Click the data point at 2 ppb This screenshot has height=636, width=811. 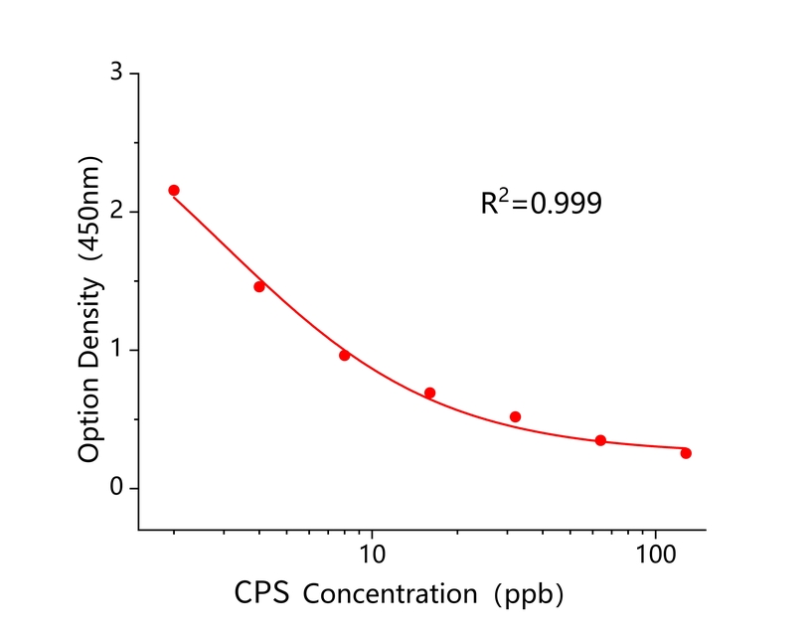[x=174, y=190]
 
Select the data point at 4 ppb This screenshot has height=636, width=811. [x=259, y=286]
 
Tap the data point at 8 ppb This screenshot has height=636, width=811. [x=345, y=355]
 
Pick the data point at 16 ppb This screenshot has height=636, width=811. [x=430, y=393]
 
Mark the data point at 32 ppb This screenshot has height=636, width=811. [x=515, y=416]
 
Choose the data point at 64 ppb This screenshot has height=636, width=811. [x=600, y=440]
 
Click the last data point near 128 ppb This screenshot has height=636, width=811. [x=686, y=453]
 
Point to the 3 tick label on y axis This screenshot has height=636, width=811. [x=117, y=74]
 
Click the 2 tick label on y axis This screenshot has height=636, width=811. [x=117, y=212]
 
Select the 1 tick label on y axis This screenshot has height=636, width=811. [x=117, y=350]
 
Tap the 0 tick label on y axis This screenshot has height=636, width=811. [x=117, y=488]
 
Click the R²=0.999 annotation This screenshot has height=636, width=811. [x=541, y=203]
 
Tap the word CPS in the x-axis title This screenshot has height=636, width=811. [x=263, y=594]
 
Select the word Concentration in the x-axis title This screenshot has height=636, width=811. [x=390, y=595]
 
